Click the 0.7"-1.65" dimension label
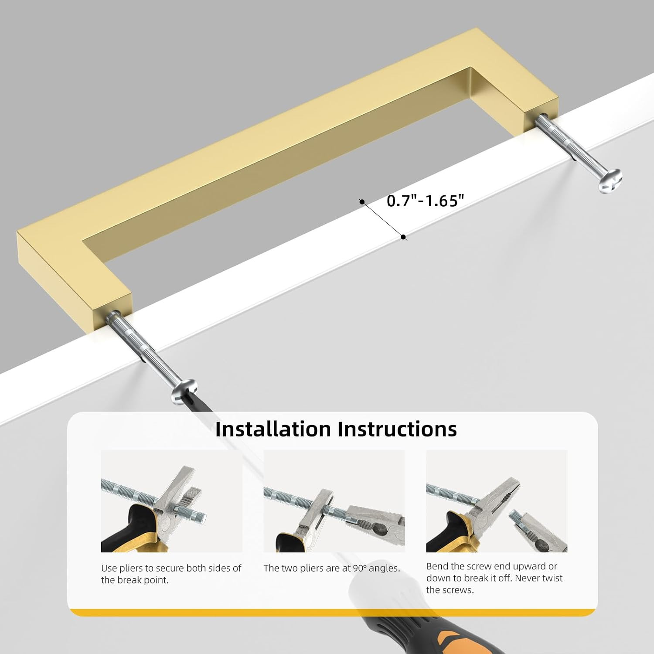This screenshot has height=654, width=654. click(x=425, y=201)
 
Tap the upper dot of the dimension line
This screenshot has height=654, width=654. click(x=362, y=201)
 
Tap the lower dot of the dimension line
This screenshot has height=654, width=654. click(x=404, y=237)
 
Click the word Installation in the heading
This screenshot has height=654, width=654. click(x=273, y=429)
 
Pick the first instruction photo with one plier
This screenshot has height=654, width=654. click(x=172, y=501)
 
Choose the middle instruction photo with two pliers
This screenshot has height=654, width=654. click(x=334, y=501)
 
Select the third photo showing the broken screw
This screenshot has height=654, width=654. click(x=497, y=501)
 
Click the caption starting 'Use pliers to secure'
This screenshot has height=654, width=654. click(x=171, y=574)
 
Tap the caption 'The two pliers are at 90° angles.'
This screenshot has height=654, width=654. click(x=332, y=568)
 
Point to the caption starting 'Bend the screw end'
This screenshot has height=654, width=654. click(x=494, y=578)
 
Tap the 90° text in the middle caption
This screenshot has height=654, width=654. click(x=360, y=568)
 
